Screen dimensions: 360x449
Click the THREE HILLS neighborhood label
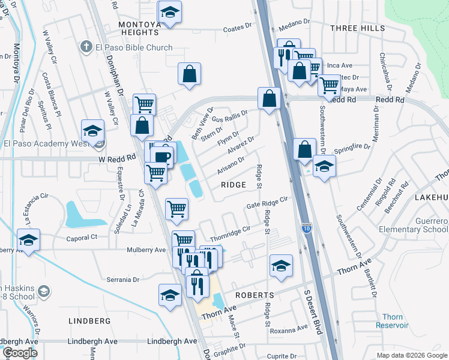coord(357,28)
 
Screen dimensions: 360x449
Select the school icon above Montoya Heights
coord(170,13)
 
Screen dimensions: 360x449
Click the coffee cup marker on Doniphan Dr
coord(163,156)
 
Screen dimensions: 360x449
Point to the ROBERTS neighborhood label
coord(255,295)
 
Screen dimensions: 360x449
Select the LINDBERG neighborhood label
coord(89,321)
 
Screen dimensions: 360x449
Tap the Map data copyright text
coord(411,355)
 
